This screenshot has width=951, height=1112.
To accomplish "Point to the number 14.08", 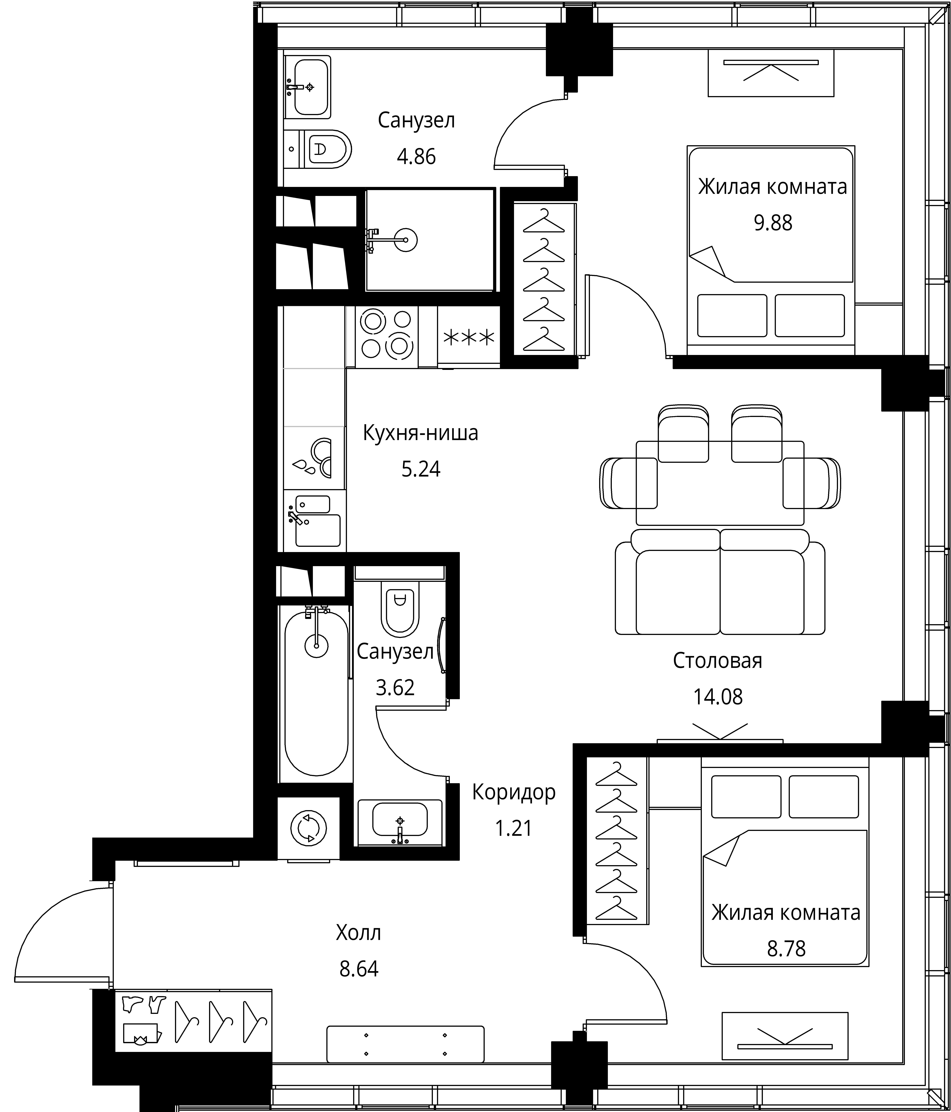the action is [x=718, y=697].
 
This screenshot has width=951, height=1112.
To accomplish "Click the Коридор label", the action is [x=514, y=792].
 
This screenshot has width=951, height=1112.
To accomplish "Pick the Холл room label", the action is [x=359, y=933].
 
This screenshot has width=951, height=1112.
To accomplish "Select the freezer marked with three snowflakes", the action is [x=469, y=337].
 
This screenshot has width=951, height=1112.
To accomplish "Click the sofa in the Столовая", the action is [x=720, y=582].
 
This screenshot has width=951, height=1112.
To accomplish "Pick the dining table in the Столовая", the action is [x=720, y=483].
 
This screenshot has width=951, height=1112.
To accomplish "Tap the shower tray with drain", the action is [x=429, y=240].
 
